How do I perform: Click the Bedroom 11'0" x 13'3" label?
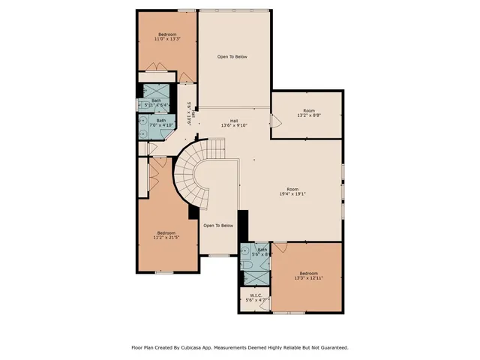pos(166,36)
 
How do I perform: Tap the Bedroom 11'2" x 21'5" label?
pos(168,235)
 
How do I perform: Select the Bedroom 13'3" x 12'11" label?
pos(309,276)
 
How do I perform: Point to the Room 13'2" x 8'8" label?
pos(308,113)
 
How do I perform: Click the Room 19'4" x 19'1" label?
pos(292,192)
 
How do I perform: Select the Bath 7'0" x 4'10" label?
pos(160,122)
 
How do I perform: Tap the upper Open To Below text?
pos(232,57)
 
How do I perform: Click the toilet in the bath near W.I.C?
pos(246,264)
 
